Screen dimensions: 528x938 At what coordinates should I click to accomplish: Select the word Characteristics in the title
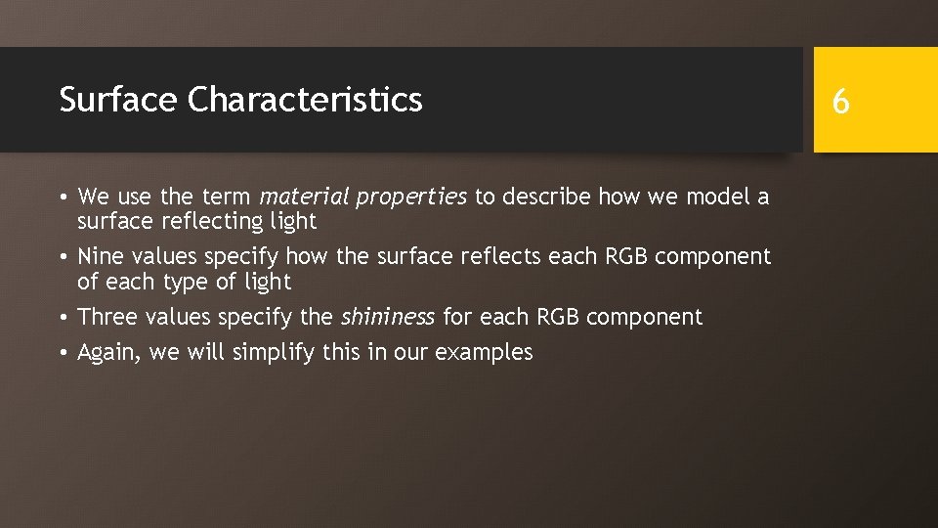click(306, 100)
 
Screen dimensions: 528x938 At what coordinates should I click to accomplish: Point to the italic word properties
click(411, 198)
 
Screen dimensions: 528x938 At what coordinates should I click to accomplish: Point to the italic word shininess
click(387, 317)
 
